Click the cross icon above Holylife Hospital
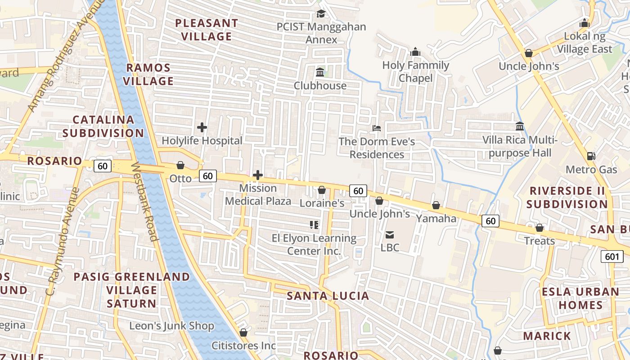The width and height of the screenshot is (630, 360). click(202, 127)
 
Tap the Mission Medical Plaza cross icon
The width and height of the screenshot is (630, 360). click(258, 175)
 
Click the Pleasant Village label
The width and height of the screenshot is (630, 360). click(207, 30)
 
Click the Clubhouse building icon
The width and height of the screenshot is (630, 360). click(320, 72)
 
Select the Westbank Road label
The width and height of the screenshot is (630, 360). click(144, 201)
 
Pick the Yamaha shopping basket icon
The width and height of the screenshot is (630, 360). click(436, 205)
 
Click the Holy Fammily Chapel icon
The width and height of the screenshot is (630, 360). click(415, 52)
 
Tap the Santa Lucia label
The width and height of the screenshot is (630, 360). click(328, 296)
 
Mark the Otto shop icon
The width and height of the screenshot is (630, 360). click(180, 165)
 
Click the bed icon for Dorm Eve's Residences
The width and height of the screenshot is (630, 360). click(377, 128)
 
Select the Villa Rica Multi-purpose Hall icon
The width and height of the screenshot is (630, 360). click(520, 126)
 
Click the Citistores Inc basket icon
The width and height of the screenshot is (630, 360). click(243, 333)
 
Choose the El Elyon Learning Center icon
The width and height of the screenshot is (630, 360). click(314, 225)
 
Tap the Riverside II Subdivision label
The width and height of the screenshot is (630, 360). click(567, 197)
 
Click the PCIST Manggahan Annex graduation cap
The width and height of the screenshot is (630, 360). click(321, 13)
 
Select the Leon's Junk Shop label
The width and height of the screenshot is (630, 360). click(172, 325)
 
